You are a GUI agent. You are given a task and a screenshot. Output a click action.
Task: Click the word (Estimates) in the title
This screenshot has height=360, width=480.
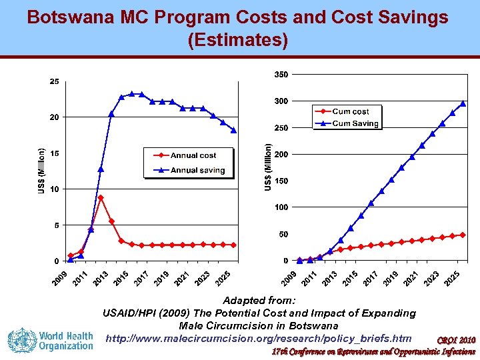click(239, 41)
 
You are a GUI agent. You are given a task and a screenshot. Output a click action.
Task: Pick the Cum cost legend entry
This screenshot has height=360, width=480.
click(350, 111)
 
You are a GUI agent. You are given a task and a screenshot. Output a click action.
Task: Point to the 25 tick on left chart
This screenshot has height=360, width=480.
click(55, 82)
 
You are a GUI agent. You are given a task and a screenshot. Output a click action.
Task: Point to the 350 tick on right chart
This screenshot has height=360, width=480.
click(281, 74)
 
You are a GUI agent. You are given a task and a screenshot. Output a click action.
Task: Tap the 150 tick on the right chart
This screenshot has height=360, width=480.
click(281, 181)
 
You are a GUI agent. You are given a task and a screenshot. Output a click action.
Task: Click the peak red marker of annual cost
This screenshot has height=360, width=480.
click(101, 198)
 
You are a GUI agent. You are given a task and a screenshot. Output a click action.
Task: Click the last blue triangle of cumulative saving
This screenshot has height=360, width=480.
click(463, 103)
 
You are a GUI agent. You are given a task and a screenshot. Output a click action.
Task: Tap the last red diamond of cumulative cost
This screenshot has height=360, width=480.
click(463, 235)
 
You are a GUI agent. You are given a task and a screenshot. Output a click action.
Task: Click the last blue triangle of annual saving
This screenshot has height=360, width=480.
click(233, 131)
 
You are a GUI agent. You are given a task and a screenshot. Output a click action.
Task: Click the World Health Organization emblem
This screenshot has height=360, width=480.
click(21, 339)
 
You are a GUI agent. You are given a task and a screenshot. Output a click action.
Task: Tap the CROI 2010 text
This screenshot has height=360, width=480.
click(457, 341)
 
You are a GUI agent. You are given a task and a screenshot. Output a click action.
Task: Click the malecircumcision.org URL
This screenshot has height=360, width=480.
click(263, 338)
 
